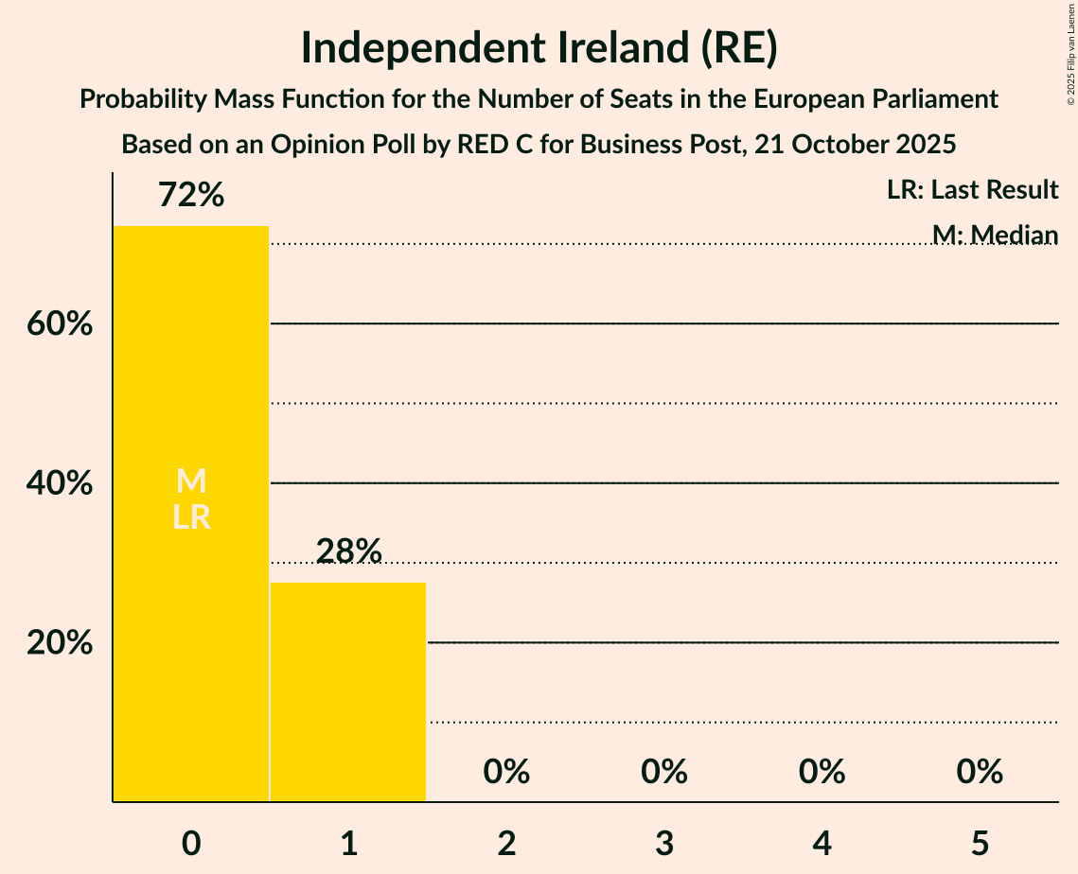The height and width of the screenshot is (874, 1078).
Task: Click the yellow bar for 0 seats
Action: pos(191,615)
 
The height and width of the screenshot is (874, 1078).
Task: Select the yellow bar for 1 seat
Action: pos(348,691)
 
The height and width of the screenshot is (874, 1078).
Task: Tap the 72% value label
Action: pos(191,196)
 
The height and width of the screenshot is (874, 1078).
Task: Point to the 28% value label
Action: pos(348,551)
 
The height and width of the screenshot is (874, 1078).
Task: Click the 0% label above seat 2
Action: pos(506,772)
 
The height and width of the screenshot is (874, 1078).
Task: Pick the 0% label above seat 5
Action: pos(979,772)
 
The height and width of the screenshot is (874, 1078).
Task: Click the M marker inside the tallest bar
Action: pos(191,481)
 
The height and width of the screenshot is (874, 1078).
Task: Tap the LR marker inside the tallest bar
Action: pos(191,517)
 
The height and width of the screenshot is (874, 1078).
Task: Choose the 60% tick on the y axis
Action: pos(59,324)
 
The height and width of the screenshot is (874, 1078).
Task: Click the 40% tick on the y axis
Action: pos(59,484)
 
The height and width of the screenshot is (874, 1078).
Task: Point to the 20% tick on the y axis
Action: pos(59,643)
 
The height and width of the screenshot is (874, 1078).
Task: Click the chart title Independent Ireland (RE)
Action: pos(539,49)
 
